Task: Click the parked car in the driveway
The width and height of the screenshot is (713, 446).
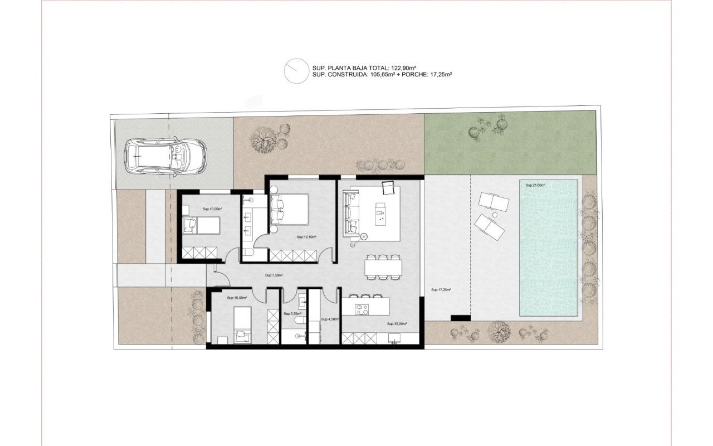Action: click(x=165, y=157)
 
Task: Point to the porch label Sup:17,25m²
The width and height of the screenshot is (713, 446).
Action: click(x=441, y=290)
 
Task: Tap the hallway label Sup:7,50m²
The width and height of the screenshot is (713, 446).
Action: click(x=274, y=275)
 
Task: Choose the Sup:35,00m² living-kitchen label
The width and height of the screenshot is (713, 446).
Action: click(x=397, y=323)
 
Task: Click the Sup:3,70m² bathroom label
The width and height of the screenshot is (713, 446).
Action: click(x=292, y=314)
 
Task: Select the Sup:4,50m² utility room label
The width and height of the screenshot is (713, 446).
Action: click(x=330, y=319)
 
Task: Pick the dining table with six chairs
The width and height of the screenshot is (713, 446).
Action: click(x=383, y=267)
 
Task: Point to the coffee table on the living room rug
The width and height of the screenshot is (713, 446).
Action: click(x=382, y=215)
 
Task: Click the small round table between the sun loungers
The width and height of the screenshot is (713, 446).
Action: click(x=494, y=214)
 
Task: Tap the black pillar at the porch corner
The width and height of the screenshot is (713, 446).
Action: click(x=460, y=318)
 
